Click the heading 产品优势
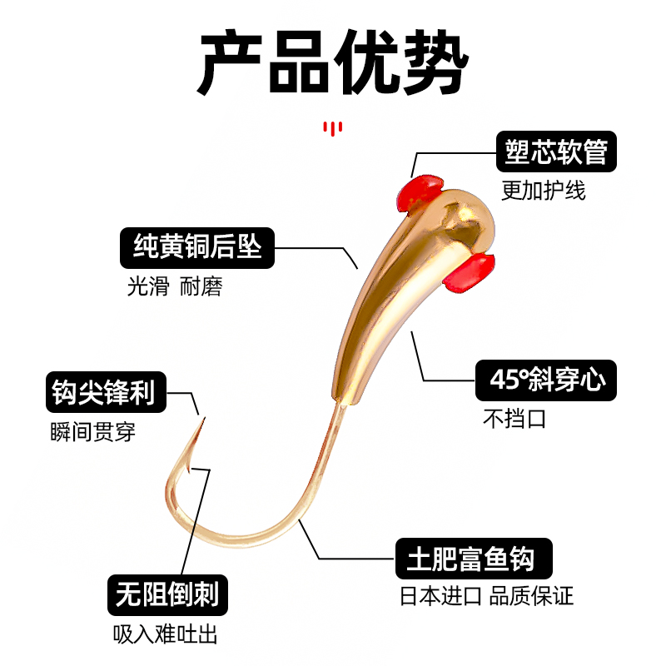[333, 63]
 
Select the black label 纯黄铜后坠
[197, 246]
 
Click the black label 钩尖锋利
[104, 393]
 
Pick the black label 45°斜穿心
[546, 381]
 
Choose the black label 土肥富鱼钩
[475, 557]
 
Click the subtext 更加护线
[544, 191]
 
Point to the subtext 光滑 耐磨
[175, 286]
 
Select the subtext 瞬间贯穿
[92, 432]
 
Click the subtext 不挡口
[514, 419]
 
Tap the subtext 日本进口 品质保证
[487, 596]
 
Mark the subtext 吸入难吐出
[165, 634]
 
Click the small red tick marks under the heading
[332, 128]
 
